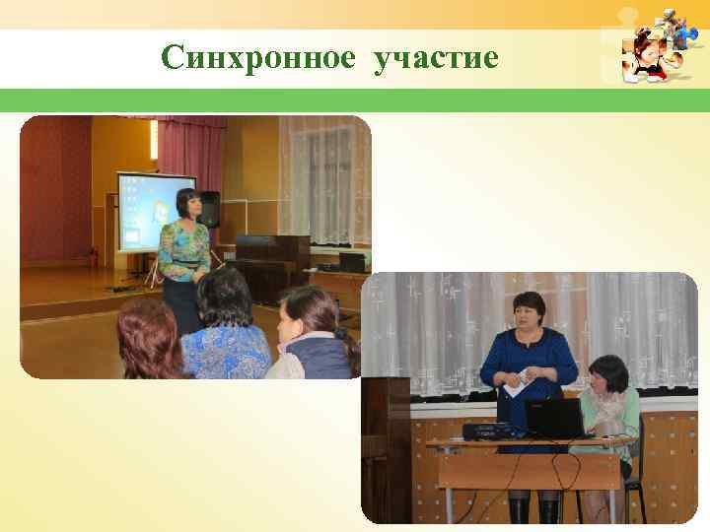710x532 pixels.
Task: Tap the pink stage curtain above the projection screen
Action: (x=182, y=148)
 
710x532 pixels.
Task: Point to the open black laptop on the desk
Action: (x=554, y=419)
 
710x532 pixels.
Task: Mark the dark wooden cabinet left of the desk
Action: (x=385, y=443)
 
